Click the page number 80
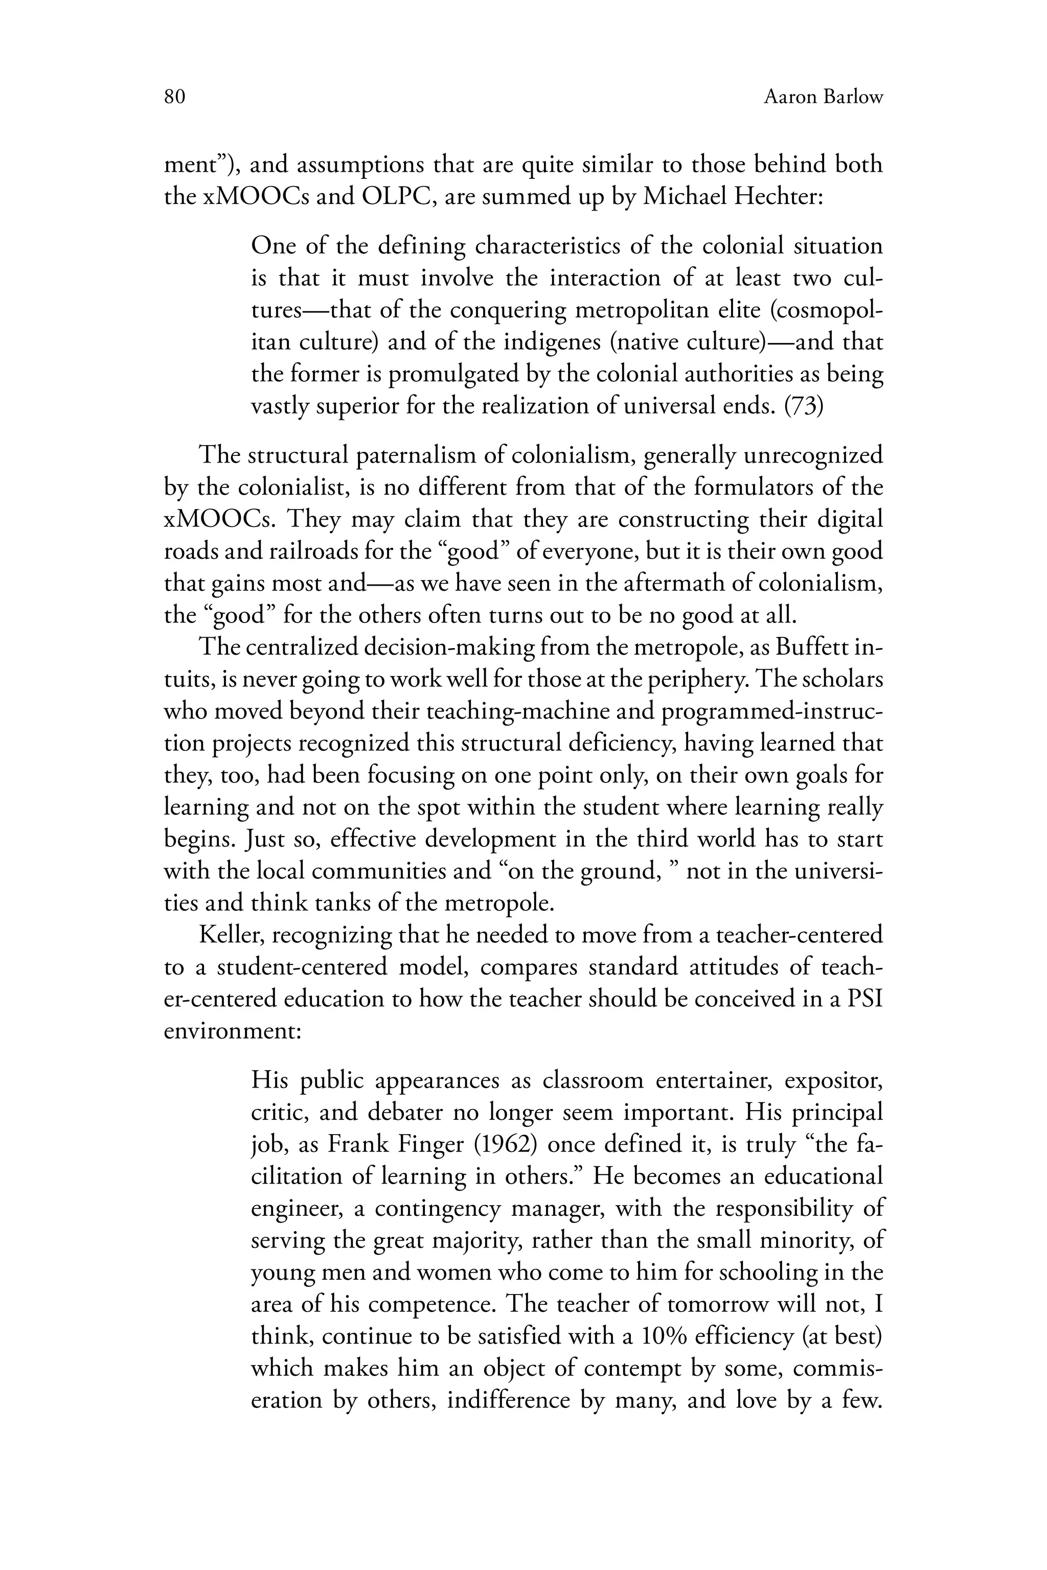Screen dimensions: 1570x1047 [174, 98]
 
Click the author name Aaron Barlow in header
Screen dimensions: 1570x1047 [823, 98]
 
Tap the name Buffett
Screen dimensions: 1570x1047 [813, 648]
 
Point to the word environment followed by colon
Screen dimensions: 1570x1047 [233, 1031]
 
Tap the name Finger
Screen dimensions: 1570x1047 [427, 1144]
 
